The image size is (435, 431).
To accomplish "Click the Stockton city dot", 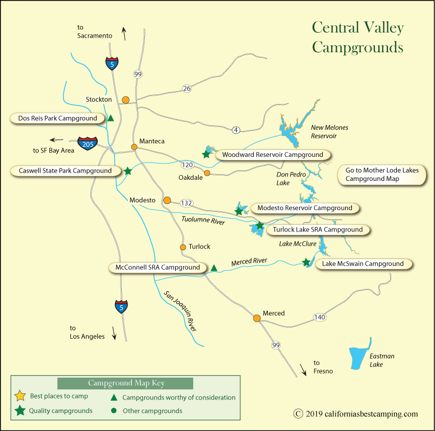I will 126,100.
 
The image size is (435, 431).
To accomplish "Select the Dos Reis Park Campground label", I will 58,118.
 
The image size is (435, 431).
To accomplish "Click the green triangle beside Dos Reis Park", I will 111,118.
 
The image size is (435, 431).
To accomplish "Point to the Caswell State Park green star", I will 128,171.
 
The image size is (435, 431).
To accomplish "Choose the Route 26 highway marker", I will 187,88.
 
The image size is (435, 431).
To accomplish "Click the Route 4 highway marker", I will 236,130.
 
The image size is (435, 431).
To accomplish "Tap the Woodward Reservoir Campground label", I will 273,155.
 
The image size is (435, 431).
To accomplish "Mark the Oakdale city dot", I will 207,173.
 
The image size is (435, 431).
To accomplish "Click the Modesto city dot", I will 167,200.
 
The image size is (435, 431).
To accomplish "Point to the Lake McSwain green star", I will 306,262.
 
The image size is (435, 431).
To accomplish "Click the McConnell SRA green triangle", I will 214,268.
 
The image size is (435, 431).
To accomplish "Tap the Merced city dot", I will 257,318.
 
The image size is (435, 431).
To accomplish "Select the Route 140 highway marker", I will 319,317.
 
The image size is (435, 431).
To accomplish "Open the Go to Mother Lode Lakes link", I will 382,174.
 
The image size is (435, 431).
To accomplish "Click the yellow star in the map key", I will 20,396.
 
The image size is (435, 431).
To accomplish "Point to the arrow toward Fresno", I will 303,369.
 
